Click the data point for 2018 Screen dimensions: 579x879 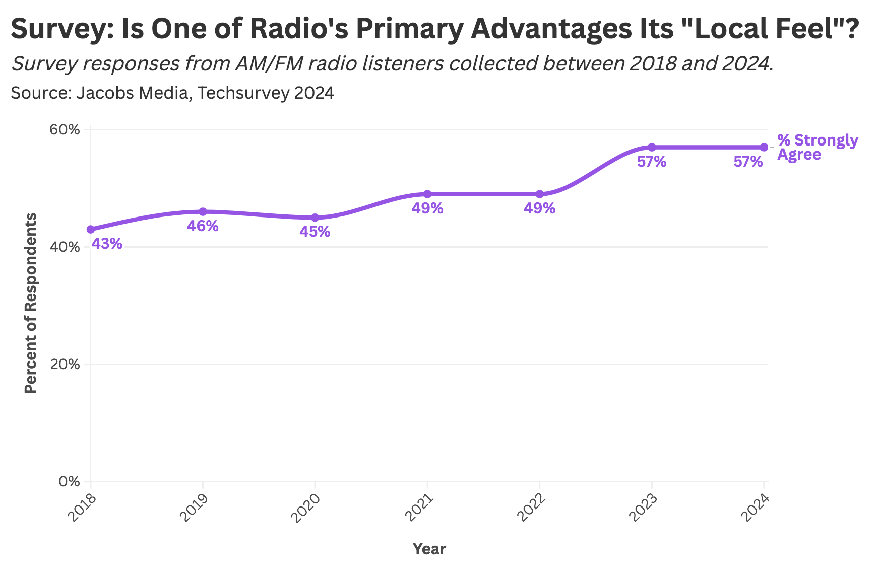click(x=91, y=230)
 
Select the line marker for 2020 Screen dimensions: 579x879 click(x=315, y=218)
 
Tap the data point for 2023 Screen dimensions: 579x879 click(x=652, y=147)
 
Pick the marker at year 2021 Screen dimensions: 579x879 click(x=427, y=194)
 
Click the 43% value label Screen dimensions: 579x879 click(x=107, y=244)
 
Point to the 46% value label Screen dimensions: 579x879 click(x=203, y=226)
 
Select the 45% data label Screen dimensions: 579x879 click(x=315, y=232)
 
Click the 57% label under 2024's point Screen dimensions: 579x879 click(x=748, y=162)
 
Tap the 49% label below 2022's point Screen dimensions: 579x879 click(x=539, y=208)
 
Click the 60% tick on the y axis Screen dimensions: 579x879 click(x=64, y=130)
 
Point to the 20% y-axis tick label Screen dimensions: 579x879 click(x=64, y=365)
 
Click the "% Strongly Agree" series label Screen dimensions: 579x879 click(x=817, y=147)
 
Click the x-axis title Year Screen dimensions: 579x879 click(x=429, y=549)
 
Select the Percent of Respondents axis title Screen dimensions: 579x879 click(x=31, y=303)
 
